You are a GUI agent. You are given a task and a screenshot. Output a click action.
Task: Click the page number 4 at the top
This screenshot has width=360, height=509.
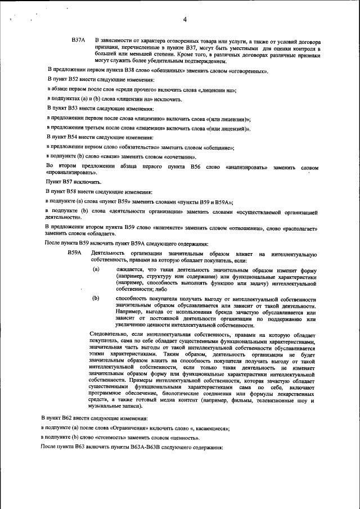click(x=184, y=21)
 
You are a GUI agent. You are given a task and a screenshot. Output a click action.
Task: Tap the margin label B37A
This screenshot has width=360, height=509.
click(x=78, y=41)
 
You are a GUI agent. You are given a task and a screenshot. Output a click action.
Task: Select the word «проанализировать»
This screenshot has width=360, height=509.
click(x=70, y=174)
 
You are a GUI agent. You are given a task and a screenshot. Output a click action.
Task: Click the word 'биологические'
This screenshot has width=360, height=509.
click(x=159, y=394)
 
